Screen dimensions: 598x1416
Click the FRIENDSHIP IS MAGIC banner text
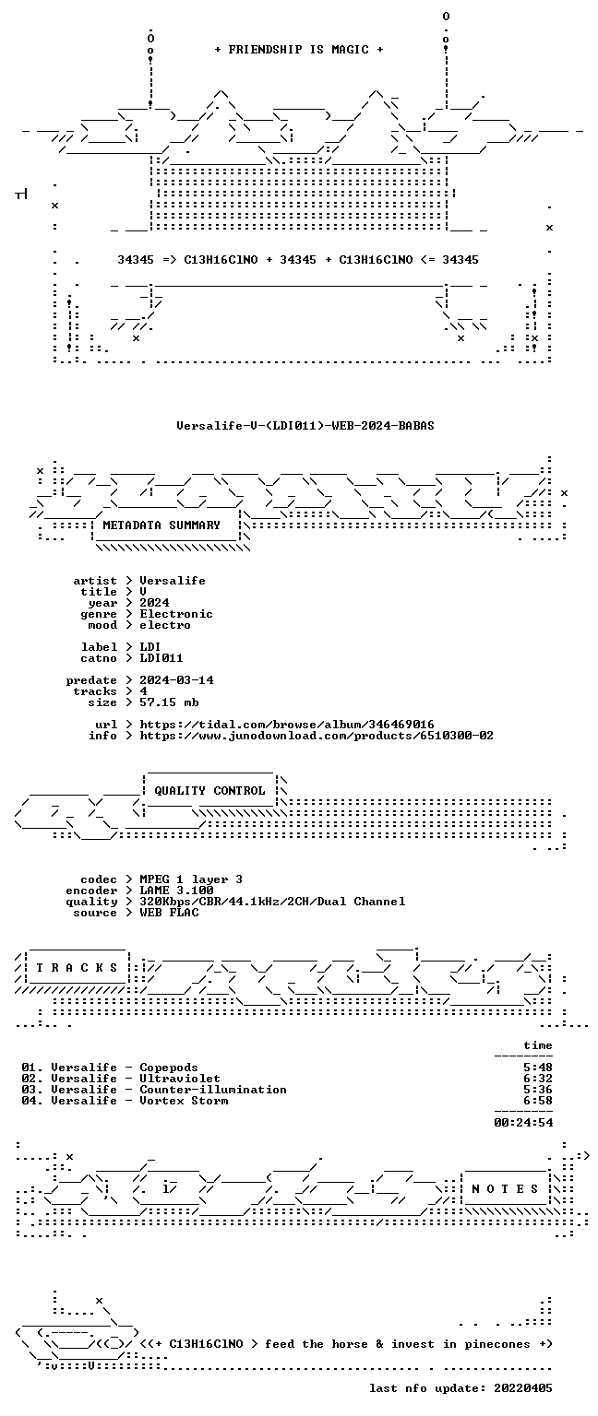(x=299, y=49)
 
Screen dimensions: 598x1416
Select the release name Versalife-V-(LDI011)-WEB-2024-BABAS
(x=305, y=425)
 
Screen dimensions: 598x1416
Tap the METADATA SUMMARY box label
(x=161, y=525)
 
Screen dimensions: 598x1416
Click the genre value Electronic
(x=176, y=614)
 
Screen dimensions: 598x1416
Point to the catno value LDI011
(x=161, y=658)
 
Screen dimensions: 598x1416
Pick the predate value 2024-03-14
(x=176, y=680)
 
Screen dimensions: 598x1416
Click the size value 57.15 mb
(x=169, y=702)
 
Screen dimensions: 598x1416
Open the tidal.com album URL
(x=287, y=725)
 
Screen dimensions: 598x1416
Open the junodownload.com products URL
(x=317, y=735)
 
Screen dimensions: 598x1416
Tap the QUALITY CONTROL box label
(x=209, y=790)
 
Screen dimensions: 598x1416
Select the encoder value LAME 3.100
(x=176, y=890)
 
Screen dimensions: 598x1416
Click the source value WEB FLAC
(x=169, y=912)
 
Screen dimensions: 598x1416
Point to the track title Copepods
(x=169, y=1068)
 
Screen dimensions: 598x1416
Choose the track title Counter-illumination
(x=213, y=1090)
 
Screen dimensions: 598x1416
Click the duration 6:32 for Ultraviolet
(x=538, y=1079)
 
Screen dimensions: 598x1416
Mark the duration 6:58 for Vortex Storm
(x=538, y=1101)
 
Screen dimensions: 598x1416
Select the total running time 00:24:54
(x=523, y=1123)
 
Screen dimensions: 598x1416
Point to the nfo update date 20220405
(x=523, y=1388)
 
